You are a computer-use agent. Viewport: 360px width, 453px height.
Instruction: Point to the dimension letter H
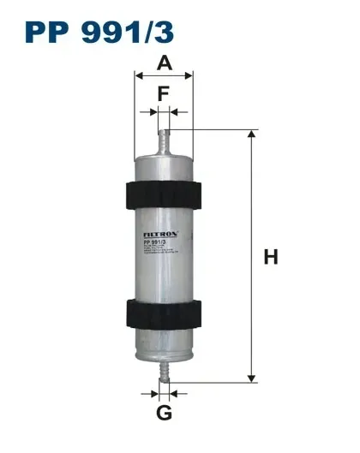(x=271, y=256)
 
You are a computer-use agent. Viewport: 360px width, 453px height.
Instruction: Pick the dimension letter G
(x=164, y=414)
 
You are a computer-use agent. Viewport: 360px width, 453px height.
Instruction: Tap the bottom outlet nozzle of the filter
(x=164, y=370)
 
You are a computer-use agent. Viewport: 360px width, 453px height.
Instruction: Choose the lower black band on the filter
(x=164, y=316)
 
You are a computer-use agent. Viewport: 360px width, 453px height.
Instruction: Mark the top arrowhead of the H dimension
(x=251, y=134)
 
